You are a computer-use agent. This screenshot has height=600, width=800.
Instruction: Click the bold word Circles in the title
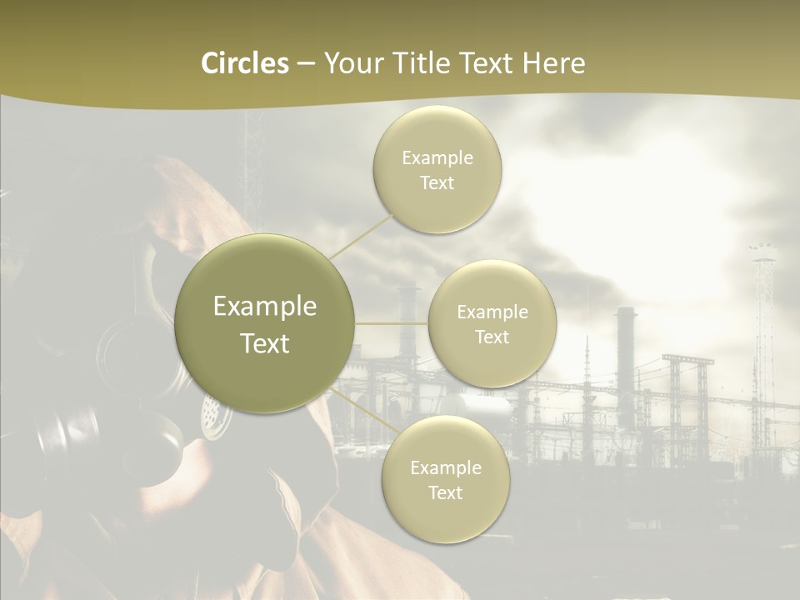point(245,63)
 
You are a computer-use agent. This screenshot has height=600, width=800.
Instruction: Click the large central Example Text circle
point(265,323)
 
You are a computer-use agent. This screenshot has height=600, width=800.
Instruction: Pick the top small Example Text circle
point(437,169)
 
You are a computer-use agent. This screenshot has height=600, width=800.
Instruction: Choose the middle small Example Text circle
point(492,323)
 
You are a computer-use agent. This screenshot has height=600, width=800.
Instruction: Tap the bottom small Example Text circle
point(445,479)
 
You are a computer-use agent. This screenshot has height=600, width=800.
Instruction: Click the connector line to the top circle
point(362,237)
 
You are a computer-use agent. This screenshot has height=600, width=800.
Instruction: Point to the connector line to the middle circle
point(392,323)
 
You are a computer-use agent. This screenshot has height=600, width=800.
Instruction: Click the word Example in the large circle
point(265,307)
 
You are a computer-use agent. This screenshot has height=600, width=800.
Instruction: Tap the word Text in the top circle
point(437,183)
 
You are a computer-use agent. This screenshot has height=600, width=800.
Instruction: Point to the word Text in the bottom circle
point(445,492)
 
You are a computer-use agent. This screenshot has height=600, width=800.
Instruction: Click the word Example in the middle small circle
point(492,312)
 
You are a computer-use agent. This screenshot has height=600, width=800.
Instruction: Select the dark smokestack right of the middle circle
point(626,350)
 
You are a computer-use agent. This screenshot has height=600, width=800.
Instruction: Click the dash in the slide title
point(305,64)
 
